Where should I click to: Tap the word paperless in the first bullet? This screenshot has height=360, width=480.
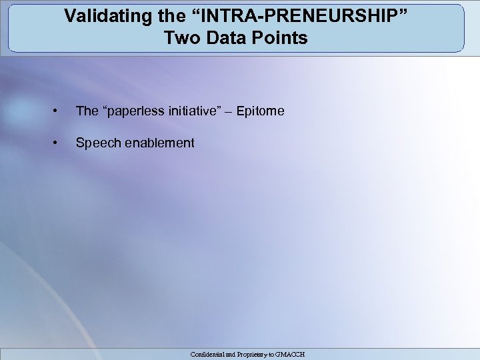tap(133, 111)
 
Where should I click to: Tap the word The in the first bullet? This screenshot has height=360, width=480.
tap(87, 111)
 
